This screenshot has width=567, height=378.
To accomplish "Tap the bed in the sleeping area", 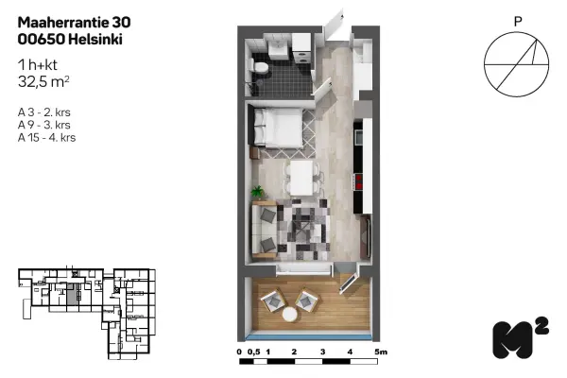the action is click(276, 128).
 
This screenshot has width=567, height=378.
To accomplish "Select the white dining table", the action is click(301, 178).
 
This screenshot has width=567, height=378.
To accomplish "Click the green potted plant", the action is click(258, 192).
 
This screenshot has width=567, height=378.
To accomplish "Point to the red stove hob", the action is click(359, 182).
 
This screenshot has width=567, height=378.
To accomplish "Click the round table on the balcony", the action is click(290, 315).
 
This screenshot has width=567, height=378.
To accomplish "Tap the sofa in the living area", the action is click(265, 232).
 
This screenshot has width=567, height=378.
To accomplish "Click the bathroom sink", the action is click(278, 47).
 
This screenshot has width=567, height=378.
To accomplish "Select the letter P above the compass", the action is click(518, 22).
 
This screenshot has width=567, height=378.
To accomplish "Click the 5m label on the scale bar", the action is click(381, 352).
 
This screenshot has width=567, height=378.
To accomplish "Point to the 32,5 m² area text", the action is click(43, 82).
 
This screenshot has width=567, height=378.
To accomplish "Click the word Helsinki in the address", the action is click(95, 39).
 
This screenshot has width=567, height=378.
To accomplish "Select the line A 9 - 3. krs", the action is click(44, 125).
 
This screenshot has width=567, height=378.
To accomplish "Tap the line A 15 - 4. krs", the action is click(46, 138).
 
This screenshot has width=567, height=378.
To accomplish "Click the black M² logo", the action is click(520, 338).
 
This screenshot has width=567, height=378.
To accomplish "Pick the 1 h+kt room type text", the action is click(38, 65).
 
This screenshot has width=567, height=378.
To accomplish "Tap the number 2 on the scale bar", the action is click(294, 352).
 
